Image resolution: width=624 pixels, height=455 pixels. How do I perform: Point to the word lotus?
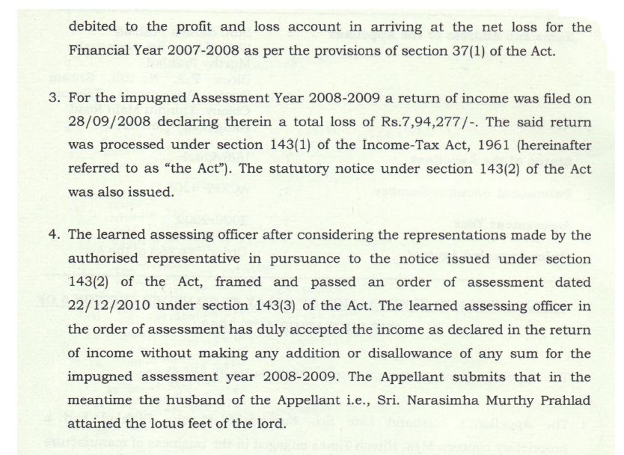pyautogui.click(x=177, y=423)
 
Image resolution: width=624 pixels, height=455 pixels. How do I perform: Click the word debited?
pyautogui.click(x=93, y=28)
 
